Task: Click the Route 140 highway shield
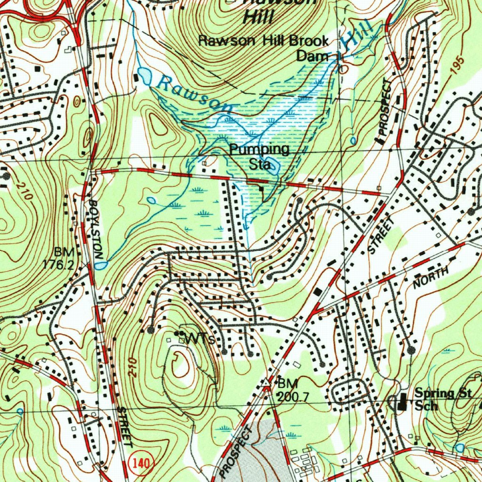click(140, 464)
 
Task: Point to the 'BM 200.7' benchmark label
click(292, 389)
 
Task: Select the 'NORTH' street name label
click(431, 278)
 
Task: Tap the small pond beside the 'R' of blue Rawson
click(144, 75)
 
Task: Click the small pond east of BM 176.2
click(100, 265)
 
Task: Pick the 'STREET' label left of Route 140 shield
click(124, 426)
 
